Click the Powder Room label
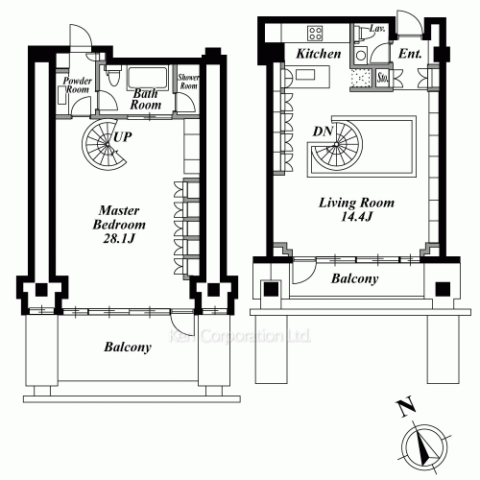click(x=77, y=84)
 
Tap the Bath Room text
click(x=147, y=99)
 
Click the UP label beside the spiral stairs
click(x=122, y=137)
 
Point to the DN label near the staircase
click(x=323, y=132)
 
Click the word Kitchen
click(x=318, y=55)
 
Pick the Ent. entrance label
click(x=412, y=55)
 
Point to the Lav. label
click(x=377, y=31)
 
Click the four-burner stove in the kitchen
click(x=363, y=56)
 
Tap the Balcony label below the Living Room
click(x=353, y=279)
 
